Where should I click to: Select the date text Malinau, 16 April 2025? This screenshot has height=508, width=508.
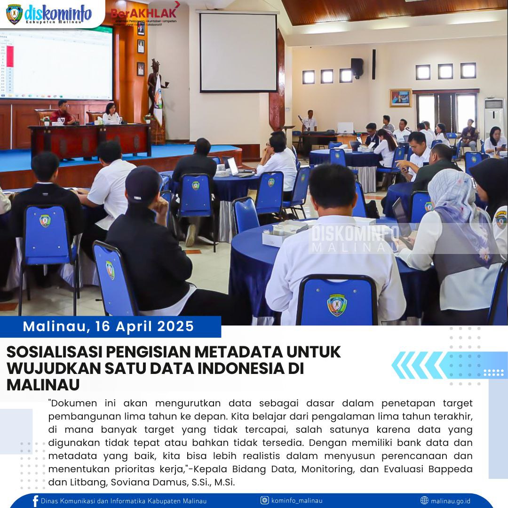109,326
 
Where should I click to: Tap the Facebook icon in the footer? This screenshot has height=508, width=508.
35,501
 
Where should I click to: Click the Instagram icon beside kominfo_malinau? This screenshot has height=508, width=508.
265,500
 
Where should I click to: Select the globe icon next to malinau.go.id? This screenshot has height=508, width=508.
424,500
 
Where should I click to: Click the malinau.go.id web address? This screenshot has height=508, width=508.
451,500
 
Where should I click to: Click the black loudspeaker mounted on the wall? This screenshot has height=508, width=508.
357,68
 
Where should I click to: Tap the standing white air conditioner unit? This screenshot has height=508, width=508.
493,118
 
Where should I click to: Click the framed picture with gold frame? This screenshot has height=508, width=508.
400,98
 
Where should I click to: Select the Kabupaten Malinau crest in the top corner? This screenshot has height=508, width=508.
14,14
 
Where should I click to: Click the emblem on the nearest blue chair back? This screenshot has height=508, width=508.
336,305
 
